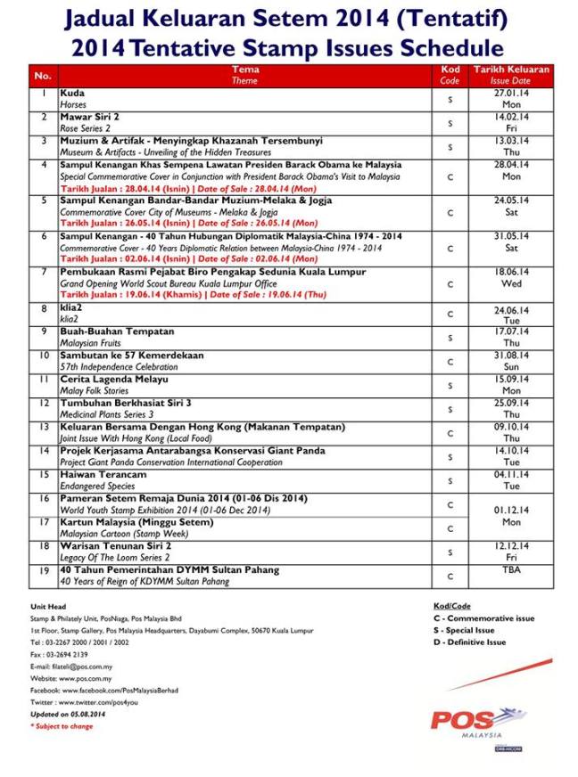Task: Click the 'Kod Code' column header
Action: (x=450, y=75)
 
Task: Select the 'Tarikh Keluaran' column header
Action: (x=511, y=75)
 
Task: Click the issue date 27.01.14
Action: (x=511, y=93)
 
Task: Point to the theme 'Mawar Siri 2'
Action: (x=90, y=117)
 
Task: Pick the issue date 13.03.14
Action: (x=511, y=141)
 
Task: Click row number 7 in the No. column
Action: (x=43, y=272)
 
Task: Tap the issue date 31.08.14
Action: (x=511, y=356)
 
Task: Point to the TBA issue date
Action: (x=511, y=569)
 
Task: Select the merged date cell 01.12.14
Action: (x=511, y=511)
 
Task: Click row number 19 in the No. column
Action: (x=43, y=569)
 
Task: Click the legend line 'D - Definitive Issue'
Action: (x=469, y=642)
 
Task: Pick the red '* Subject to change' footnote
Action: (x=62, y=726)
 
